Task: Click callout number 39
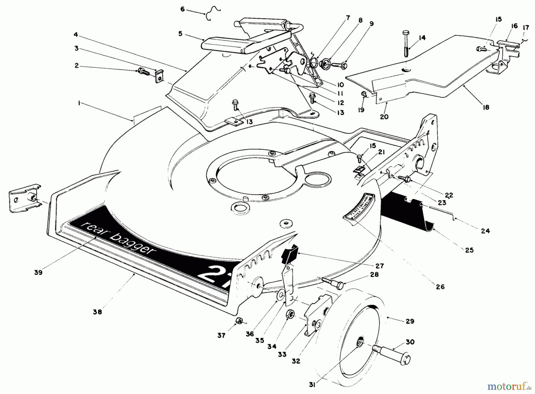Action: [x=38, y=272]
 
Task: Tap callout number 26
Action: [x=440, y=287]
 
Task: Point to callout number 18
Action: [x=486, y=107]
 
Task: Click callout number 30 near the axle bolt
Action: [x=410, y=342]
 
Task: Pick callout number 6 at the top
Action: [x=182, y=10]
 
